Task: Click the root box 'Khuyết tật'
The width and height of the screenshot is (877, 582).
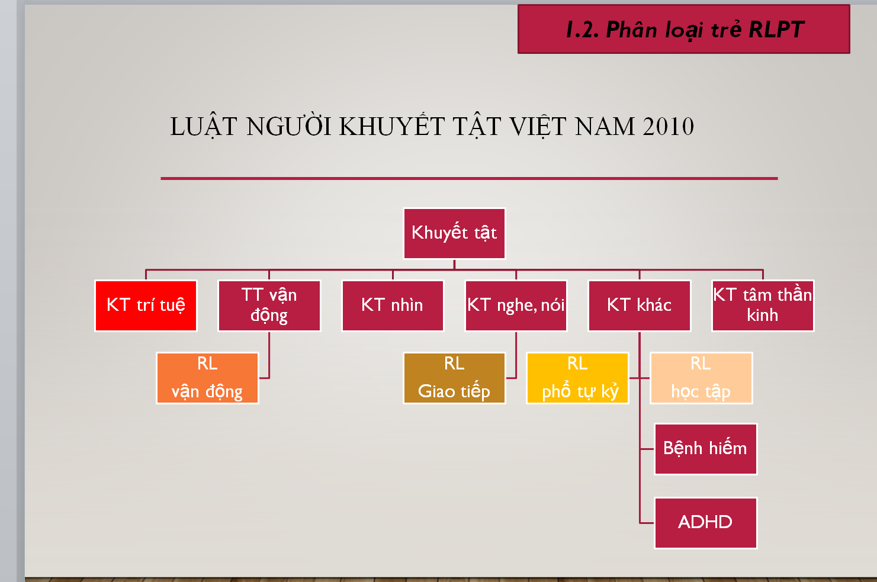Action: (x=454, y=233)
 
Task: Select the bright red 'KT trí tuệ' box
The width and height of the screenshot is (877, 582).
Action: (x=146, y=306)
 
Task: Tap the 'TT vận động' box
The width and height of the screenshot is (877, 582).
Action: (x=269, y=306)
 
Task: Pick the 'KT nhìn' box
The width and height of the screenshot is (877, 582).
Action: (x=393, y=306)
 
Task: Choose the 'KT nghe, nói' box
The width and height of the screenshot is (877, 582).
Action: (x=516, y=306)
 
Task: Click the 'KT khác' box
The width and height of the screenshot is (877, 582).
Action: (x=640, y=306)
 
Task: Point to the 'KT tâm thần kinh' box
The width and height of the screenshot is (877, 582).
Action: (x=763, y=306)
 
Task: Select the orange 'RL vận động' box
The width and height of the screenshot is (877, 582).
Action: (x=207, y=378)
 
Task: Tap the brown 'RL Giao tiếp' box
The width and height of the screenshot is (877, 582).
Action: (x=454, y=378)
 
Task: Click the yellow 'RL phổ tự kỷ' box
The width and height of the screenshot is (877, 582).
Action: (x=577, y=378)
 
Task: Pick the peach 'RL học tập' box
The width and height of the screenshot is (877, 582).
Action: (x=701, y=378)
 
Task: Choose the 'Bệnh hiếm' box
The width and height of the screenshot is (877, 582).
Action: (x=705, y=449)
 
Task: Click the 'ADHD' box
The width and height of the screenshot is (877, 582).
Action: (x=705, y=523)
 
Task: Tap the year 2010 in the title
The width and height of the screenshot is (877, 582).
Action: (x=669, y=127)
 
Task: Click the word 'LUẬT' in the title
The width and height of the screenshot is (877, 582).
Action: (x=204, y=127)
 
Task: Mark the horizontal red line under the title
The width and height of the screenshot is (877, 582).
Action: (x=469, y=178)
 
